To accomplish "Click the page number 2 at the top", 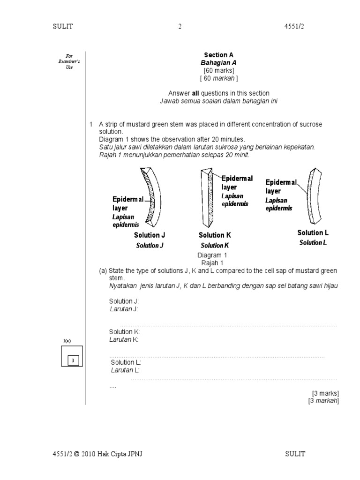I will [180, 27].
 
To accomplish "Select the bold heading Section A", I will [216, 55].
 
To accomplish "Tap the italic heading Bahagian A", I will [216, 62].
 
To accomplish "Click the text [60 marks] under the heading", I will [216, 70].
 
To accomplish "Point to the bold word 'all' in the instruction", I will [197, 93].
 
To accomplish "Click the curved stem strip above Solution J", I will [152, 197].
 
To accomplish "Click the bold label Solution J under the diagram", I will [150, 235].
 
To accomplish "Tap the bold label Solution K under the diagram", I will [215, 235].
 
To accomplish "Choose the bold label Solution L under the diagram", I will [313, 232].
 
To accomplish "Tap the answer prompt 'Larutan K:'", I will [124, 339].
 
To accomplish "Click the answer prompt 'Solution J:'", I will [124, 301].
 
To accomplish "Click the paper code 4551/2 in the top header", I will [294, 27].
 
